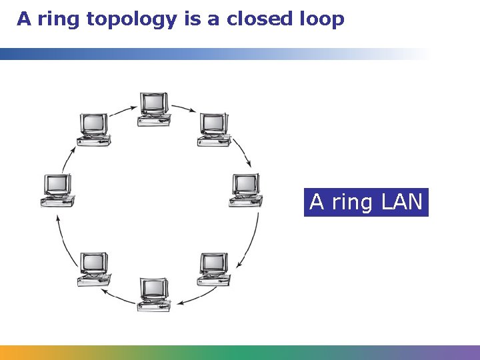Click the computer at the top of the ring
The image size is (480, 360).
[153, 109]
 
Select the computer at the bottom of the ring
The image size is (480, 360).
[153, 294]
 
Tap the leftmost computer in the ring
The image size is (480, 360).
[57, 191]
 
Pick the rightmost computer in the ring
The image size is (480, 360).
[245, 190]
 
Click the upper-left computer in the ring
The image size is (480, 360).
[93, 129]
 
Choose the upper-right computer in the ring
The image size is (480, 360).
[214, 129]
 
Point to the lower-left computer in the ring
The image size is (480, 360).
[93, 269]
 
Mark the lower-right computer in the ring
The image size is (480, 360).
[214, 269]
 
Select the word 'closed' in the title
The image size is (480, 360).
[257, 19]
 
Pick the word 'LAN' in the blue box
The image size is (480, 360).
[402, 201]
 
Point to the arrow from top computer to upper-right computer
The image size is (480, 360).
[183, 107]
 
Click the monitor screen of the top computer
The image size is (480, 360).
[154, 102]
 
